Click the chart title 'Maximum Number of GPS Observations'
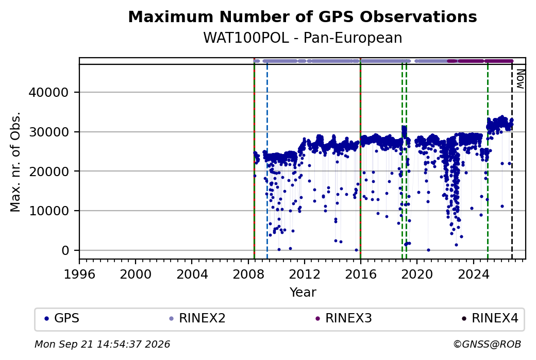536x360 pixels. click(303, 17)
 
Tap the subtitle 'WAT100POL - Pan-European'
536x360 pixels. click(303, 38)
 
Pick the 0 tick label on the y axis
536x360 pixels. click(65, 250)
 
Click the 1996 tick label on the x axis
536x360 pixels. click(79, 274)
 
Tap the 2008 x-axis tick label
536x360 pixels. click(248, 274)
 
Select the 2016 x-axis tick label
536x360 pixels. click(361, 274)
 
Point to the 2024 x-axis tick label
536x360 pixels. click(474, 274)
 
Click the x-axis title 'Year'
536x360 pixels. click(303, 293)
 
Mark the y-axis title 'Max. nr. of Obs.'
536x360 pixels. click(15, 162)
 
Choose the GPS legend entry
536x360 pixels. click(62, 318)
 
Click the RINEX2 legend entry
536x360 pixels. click(197, 318)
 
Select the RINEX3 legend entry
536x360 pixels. click(344, 318)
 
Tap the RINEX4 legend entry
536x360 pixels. click(490, 318)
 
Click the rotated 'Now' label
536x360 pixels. click(520, 79)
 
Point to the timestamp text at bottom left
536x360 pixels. click(103, 344)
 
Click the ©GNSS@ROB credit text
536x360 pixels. click(487, 344)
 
